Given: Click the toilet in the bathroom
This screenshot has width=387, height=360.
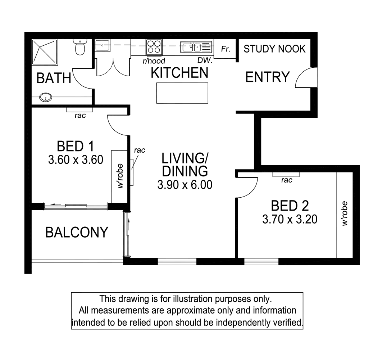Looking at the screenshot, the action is [80, 47].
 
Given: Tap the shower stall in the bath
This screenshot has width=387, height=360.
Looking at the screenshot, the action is [45, 52].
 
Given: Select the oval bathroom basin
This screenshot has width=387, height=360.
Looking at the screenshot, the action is [46, 97].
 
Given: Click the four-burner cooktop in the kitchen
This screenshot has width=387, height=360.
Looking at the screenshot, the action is [154, 47].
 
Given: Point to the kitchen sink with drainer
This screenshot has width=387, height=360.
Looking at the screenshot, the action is [196, 47].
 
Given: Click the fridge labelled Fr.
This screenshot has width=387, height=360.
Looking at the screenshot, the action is [225, 49].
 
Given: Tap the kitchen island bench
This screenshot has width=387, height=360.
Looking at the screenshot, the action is [182, 93].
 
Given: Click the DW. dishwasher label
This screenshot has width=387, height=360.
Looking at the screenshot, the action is [205, 60].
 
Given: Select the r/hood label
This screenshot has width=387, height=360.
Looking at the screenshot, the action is [154, 60].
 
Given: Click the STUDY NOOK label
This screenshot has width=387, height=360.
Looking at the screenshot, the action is [274, 49].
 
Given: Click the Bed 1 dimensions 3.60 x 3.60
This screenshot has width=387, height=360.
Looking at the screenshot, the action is [76, 159].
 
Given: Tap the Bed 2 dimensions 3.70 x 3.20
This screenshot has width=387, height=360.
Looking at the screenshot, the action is [290, 219].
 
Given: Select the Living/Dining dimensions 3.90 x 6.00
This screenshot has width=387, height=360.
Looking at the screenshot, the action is [185, 185].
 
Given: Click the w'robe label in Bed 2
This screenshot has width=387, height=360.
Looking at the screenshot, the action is [345, 214].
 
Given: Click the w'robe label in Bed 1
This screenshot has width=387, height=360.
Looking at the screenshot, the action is [120, 176].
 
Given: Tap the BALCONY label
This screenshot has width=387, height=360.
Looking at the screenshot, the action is [77, 232].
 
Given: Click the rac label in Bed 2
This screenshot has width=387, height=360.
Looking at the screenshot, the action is [287, 180].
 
